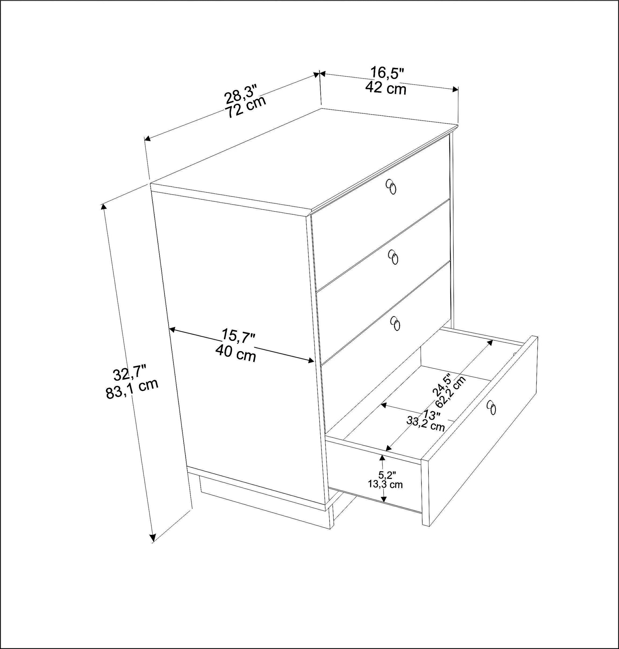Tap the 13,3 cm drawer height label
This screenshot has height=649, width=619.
(386, 484)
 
